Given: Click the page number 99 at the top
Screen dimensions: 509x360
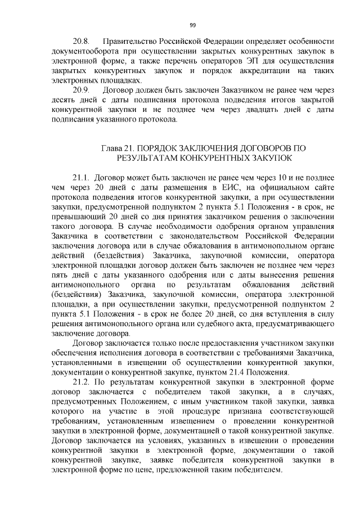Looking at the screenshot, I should [192, 25].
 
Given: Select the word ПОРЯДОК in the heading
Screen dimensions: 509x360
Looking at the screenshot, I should [163, 148].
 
